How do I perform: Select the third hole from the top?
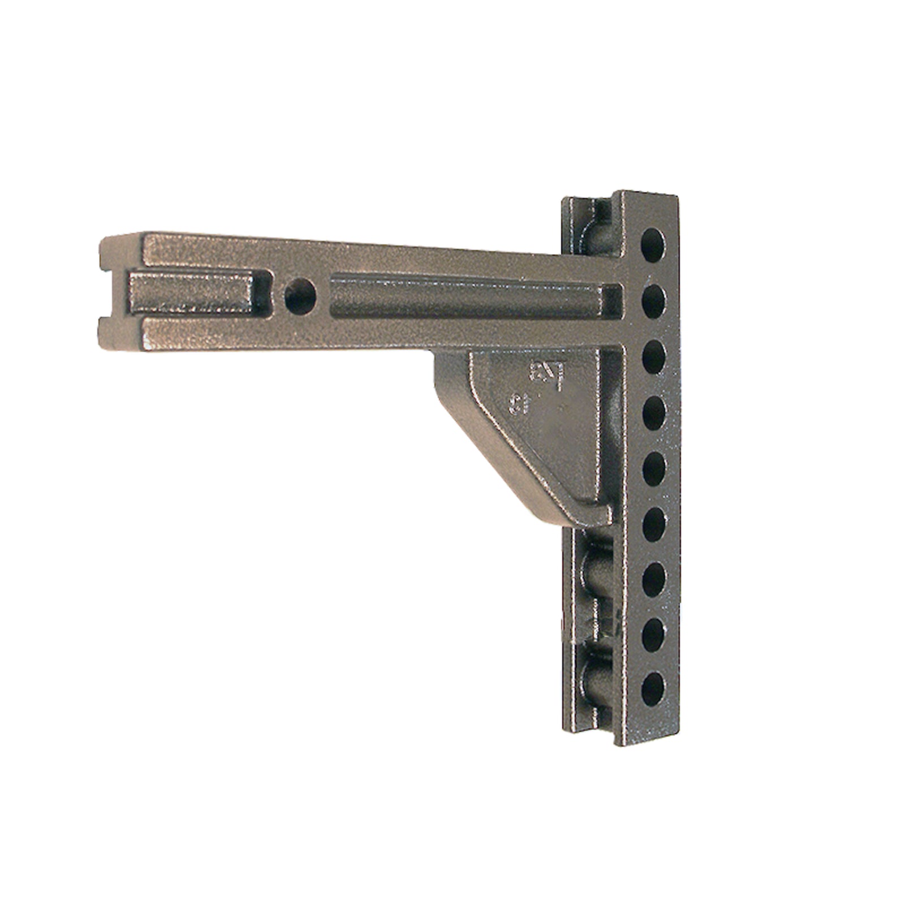[x=653, y=355]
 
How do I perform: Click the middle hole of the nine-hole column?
[x=654, y=467]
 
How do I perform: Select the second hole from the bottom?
[x=654, y=632]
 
